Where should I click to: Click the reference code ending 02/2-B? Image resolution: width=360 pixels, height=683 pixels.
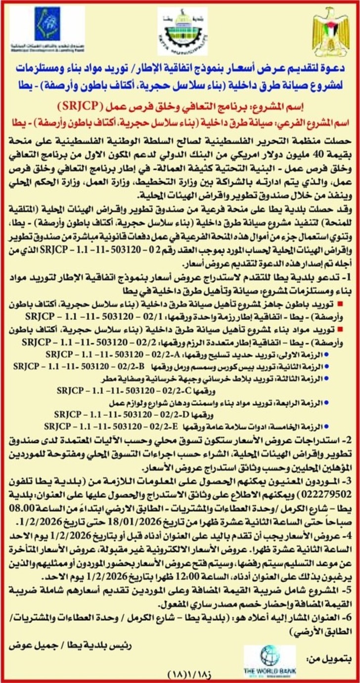point(79,366)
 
